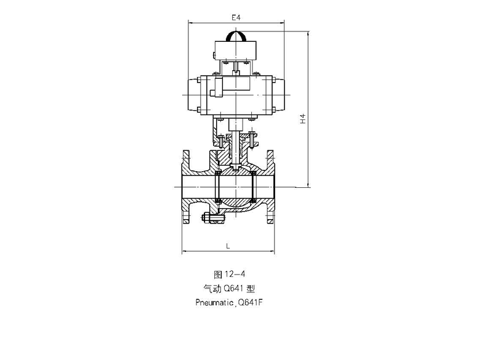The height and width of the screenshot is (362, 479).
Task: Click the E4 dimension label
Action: coord(236,18)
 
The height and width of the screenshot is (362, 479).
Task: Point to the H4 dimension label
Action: coord(302,119)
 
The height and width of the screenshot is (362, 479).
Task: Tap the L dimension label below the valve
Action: coord(228,246)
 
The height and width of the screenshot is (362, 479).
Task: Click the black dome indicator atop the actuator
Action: coord(236,37)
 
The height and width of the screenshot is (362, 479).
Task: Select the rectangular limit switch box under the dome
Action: coord(235,50)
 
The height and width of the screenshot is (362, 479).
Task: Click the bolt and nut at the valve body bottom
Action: coord(213,218)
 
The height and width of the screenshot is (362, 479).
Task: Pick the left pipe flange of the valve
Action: coord(186,187)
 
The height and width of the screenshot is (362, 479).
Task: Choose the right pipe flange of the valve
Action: coord(270,187)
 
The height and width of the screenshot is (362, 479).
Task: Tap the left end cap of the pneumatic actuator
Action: coord(194,95)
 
